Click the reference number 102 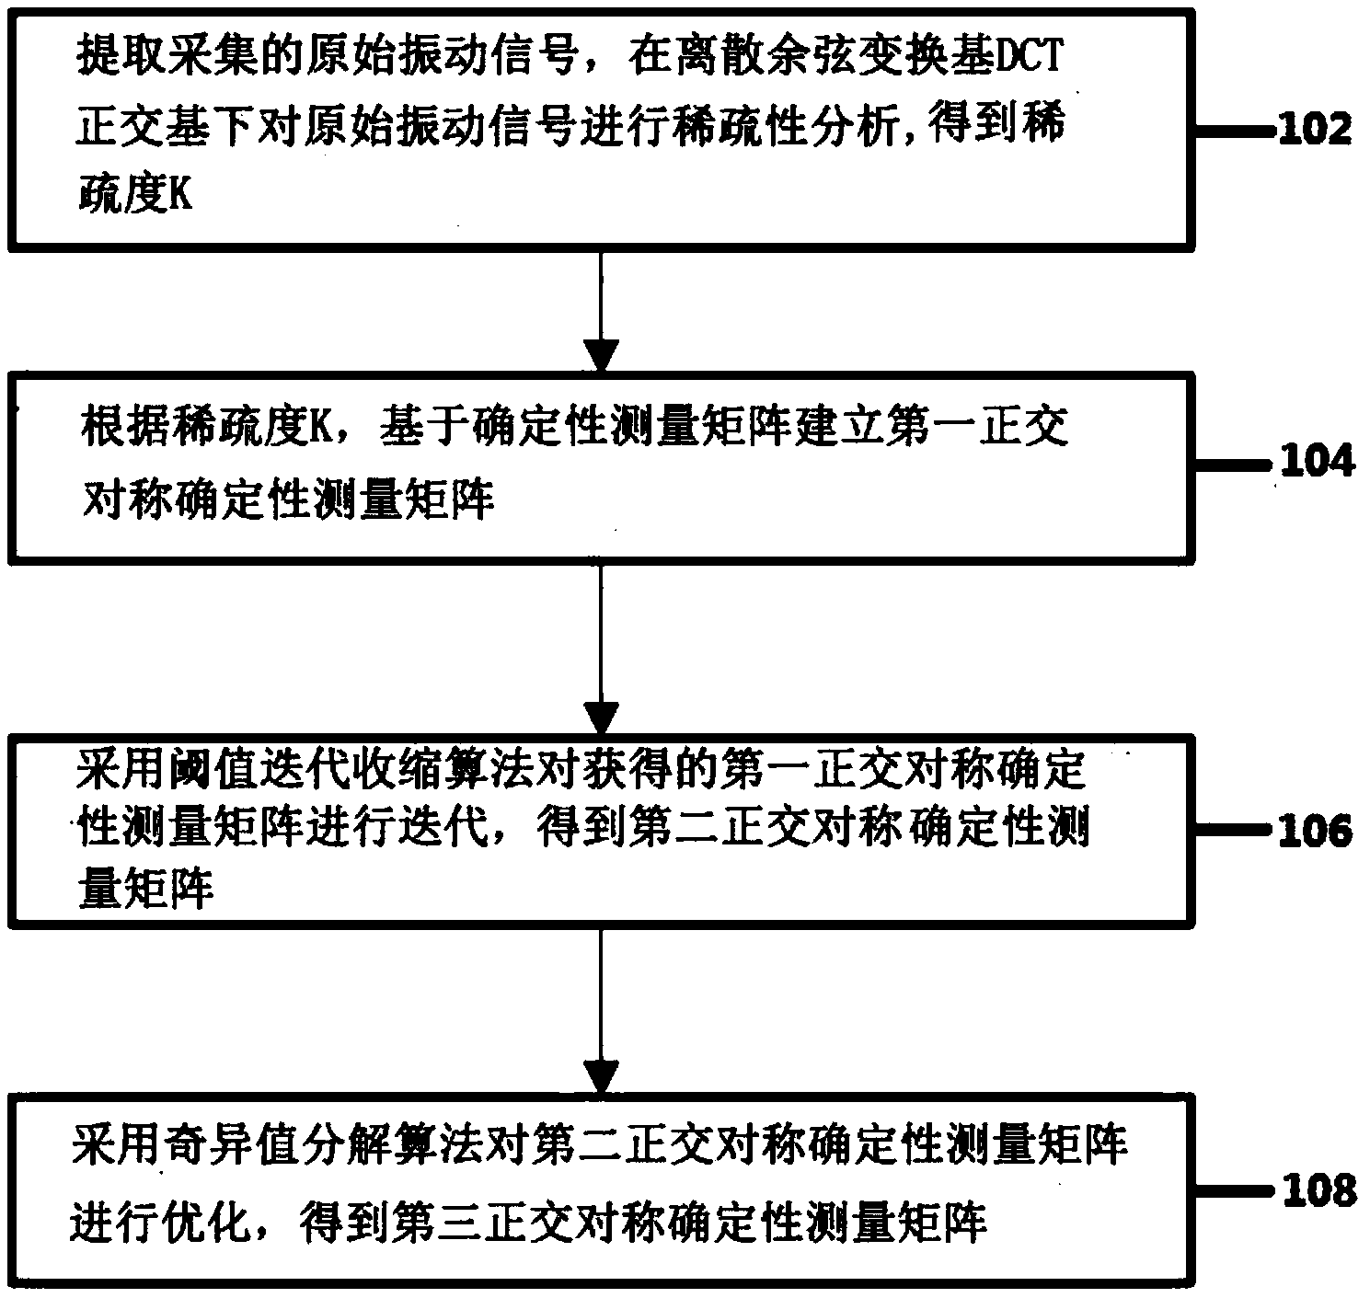point(1315,129)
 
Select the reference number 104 point(1317,461)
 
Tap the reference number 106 point(1315,831)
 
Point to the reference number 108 point(1317,1191)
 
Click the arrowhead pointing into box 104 point(602,354)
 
